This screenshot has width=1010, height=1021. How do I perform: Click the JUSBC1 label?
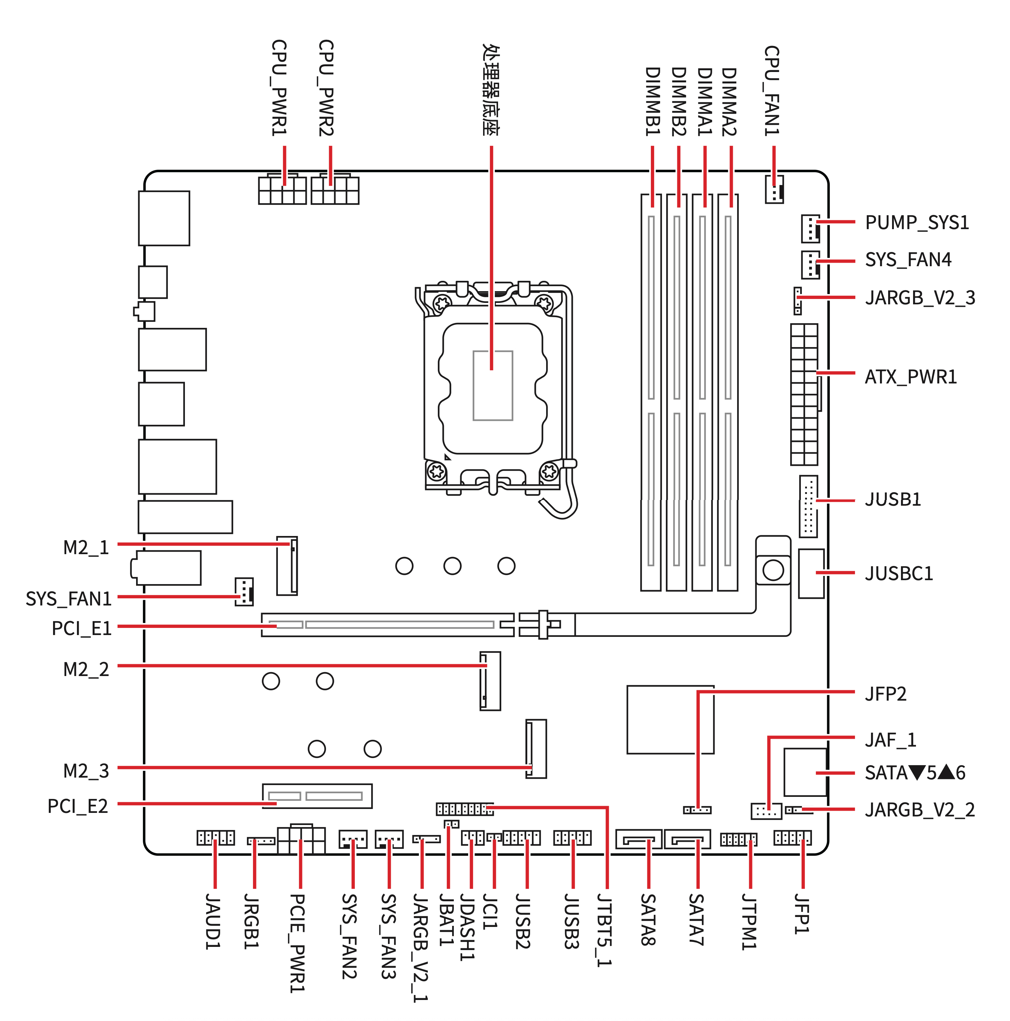(898, 573)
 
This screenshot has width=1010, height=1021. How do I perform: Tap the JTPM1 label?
(749, 922)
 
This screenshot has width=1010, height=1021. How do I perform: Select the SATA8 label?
(648, 919)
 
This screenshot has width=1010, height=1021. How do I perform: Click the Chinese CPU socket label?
(491, 90)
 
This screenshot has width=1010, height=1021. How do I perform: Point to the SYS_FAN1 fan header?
(244, 591)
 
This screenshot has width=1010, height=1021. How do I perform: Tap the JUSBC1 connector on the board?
(811, 573)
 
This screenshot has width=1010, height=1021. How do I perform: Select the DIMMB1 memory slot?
(651, 392)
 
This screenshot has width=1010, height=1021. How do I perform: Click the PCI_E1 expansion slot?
(387, 625)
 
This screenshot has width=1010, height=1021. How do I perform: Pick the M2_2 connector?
(490, 681)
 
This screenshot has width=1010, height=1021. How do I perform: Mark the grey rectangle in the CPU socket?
(493, 386)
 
